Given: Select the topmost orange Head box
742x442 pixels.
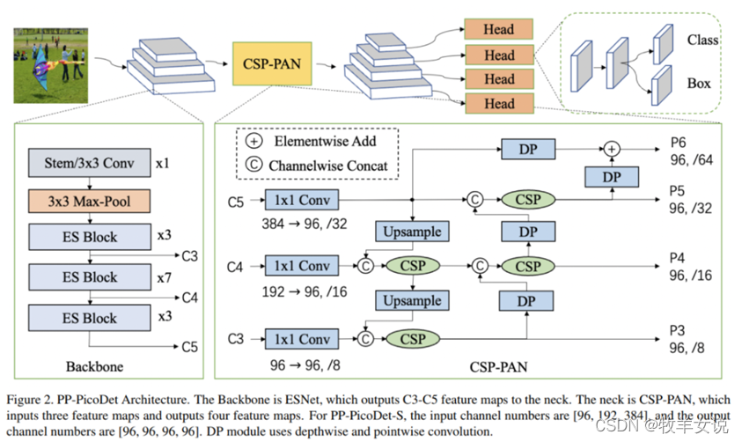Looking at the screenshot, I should tap(498, 28).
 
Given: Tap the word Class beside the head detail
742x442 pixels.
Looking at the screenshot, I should tap(702, 40).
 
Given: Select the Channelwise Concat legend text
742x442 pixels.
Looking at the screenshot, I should tap(330, 165).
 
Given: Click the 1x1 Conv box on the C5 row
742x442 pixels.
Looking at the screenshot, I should tap(303, 200).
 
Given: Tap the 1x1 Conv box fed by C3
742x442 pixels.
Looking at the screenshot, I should tap(303, 338).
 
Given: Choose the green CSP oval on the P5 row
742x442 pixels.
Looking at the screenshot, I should tap(528, 200).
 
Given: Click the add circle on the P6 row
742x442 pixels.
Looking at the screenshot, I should tap(613, 151).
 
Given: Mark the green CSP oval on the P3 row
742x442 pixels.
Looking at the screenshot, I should tap(412, 338).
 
